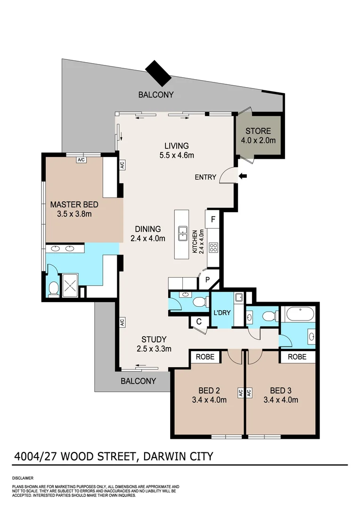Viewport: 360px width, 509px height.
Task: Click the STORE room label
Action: [x=258, y=131]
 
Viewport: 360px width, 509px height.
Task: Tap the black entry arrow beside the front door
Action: [x=243, y=177]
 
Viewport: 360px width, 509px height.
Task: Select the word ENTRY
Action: [x=206, y=177]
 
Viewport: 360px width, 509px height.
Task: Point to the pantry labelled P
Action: [x=207, y=279]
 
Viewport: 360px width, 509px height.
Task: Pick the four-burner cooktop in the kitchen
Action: [x=213, y=247]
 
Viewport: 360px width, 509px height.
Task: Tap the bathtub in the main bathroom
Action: [x=298, y=314]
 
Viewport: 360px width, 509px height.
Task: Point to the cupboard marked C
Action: [x=198, y=322]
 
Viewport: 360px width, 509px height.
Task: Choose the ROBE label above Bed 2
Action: [x=205, y=357]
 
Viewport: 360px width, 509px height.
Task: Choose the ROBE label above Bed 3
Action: [x=297, y=357]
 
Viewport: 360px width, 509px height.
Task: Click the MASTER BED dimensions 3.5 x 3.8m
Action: [x=71, y=214]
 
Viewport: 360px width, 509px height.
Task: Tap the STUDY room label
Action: [x=154, y=339]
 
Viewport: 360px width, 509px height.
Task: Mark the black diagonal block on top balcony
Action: [x=159, y=73]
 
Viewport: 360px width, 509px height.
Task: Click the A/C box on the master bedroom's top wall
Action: [x=81, y=160]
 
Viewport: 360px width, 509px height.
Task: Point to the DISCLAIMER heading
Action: [x=23, y=477]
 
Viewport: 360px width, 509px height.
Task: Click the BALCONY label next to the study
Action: [x=138, y=381]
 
